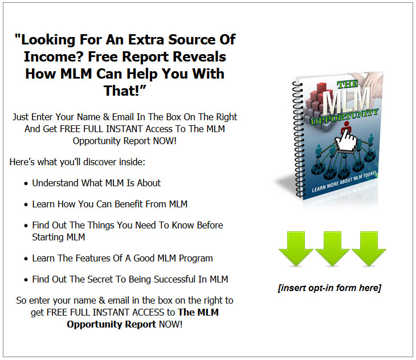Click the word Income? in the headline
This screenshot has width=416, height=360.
tap(54, 57)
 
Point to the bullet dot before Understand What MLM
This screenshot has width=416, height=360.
tap(26, 184)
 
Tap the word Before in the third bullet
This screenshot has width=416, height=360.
tap(210, 225)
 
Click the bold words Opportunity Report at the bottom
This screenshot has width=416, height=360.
tap(112, 324)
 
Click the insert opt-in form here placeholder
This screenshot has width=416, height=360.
tap(329, 288)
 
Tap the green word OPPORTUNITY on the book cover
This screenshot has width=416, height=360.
tap(344, 116)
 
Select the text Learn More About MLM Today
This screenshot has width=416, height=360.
tap(344, 182)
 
